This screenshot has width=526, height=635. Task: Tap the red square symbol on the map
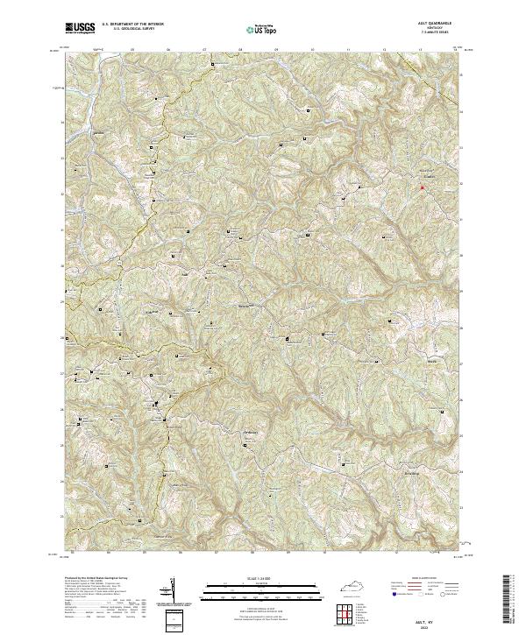[422, 187]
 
